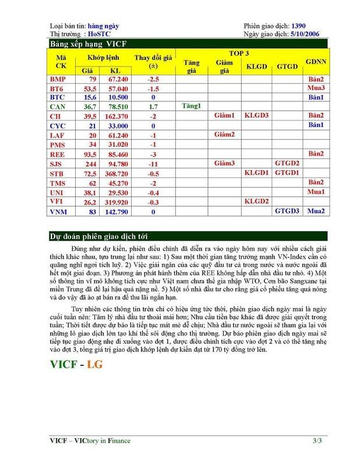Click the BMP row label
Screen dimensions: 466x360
[58, 79]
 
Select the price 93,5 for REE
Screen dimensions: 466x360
[90, 154]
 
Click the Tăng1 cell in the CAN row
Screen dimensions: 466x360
[191, 107]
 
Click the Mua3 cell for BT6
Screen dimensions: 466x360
[315, 88]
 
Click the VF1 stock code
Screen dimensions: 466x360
[57, 201]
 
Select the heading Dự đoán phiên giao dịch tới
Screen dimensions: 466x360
[97, 236]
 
